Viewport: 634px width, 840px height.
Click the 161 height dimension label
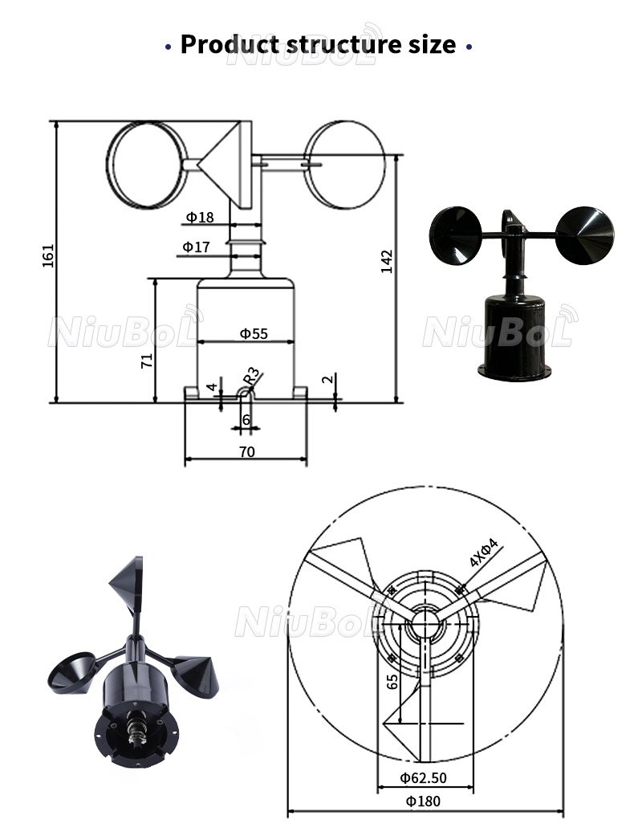48,255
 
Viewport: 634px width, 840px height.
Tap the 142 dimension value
387,262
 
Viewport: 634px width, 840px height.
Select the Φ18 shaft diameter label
200,217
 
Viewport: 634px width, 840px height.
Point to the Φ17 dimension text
196,247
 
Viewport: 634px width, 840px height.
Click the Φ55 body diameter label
254,334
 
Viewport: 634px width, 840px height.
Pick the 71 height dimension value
146,360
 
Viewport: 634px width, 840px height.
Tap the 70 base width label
247,452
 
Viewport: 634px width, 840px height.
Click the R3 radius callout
251,376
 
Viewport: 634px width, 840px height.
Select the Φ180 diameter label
423,801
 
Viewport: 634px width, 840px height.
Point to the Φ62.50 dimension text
423,777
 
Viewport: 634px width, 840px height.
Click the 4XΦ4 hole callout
484,553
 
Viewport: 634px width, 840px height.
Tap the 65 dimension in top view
392,682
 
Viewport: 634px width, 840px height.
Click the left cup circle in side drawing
147,165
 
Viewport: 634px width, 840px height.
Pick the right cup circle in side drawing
345,165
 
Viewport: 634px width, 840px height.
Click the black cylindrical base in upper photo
514,337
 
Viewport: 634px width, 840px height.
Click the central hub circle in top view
425,622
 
